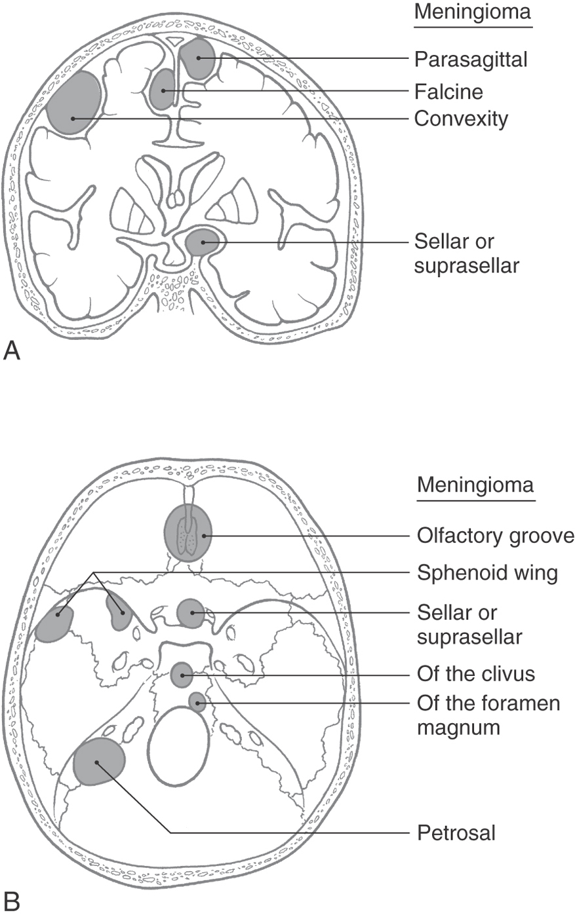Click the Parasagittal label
point(471,60)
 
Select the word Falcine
point(448,90)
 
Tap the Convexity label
point(461,119)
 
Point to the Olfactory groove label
point(495,536)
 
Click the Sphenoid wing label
point(487,573)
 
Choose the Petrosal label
point(456,833)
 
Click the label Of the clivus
point(476,674)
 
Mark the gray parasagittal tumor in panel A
point(198,58)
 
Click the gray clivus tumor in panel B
point(182,675)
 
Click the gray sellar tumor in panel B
point(191,613)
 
